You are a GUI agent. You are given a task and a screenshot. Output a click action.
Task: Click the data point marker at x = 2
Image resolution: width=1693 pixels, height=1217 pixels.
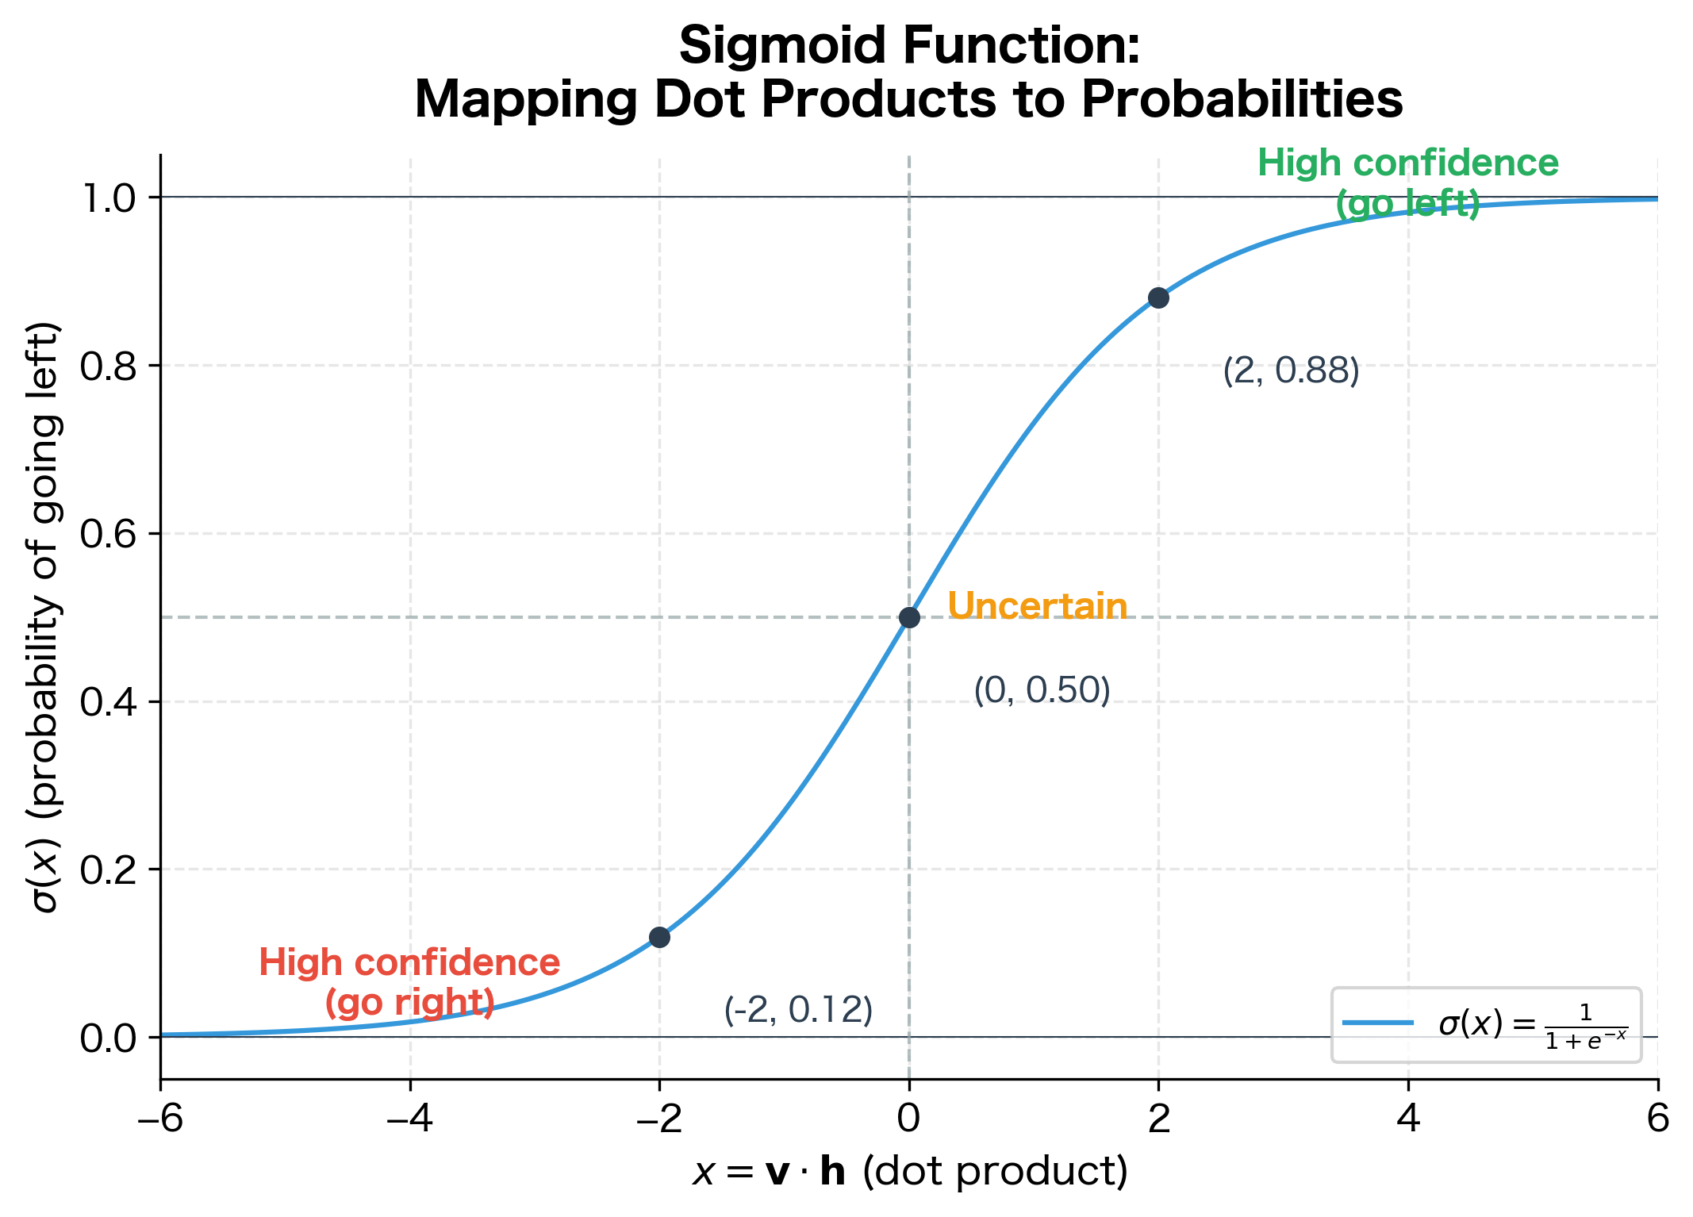[x=1158, y=298]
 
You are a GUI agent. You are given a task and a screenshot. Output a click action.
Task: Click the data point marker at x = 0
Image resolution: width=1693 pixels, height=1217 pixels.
[x=909, y=617]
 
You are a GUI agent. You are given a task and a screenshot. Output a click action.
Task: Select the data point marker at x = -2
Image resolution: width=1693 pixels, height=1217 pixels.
[x=659, y=937]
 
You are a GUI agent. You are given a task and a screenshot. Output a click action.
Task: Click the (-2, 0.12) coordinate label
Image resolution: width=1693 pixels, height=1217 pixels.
[x=798, y=1010]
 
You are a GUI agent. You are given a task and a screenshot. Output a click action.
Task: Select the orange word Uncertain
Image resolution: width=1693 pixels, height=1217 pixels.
[x=1037, y=606]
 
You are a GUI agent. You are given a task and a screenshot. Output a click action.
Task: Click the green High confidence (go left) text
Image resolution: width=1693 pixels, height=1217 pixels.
[x=1407, y=183]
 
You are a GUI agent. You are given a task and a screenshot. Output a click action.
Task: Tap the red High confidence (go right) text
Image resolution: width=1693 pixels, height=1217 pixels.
[x=409, y=982]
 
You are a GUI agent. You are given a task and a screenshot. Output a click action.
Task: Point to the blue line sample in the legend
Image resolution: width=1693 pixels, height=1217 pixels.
[x=1378, y=1023]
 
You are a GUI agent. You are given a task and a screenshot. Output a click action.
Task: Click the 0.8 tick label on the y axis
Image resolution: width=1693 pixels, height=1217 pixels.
[x=109, y=366]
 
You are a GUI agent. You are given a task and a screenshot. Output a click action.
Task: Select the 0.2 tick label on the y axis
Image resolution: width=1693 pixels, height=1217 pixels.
[x=109, y=870]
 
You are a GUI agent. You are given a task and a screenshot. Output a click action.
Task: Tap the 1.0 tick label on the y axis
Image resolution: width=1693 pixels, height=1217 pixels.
[x=109, y=198]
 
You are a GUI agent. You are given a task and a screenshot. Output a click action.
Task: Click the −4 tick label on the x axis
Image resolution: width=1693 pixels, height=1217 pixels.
[x=409, y=1119]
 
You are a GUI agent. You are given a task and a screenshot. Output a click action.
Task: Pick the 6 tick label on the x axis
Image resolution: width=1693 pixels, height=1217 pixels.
[x=1657, y=1119]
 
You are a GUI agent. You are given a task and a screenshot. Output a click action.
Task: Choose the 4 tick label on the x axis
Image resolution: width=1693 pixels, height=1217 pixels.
[x=1408, y=1119]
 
